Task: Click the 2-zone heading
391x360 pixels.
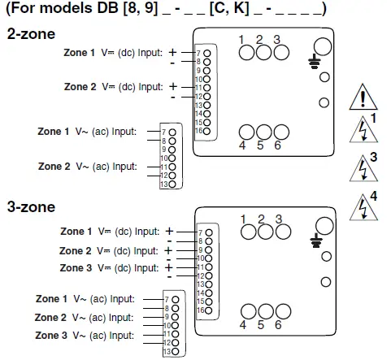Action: [31, 34]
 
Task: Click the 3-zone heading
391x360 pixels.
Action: [31, 207]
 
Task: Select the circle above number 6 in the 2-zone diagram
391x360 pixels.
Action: [281, 132]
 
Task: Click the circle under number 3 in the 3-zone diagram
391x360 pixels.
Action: [281, 232]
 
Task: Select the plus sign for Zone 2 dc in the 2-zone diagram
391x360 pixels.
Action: [172, 85]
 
